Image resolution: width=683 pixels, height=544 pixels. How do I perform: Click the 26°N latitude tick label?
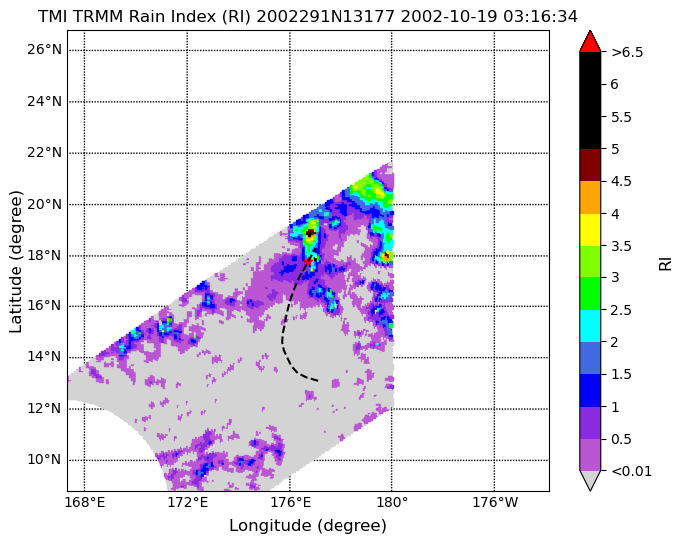pyautogui.click(x=44, y=50)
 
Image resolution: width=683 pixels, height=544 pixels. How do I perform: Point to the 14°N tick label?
pyautogui.click(x=44, y=357)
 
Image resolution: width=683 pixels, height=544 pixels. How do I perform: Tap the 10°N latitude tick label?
pyautogui.click(x=44, y=460)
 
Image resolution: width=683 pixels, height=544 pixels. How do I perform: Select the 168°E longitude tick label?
pyautogui.click(x=84, y=503)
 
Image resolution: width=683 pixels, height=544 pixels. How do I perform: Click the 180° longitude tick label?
pyautogui.click(x=392, y=503)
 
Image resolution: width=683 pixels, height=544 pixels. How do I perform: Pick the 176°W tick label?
pyautogui.click(x=495, y=503)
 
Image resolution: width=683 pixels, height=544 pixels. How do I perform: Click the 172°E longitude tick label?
pyautogui.click(x=187, y=503)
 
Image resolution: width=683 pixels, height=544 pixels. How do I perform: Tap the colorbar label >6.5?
pyautogui.click(x=627, y=52)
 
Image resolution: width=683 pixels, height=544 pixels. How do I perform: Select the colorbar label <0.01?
pyautogui.click(x=632, y=471)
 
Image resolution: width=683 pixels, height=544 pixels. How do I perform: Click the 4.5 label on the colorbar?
pyautogui.click(x=621, y=182)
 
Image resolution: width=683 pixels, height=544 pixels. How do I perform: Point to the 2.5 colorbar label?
pyautogui.click(x=621, y=310)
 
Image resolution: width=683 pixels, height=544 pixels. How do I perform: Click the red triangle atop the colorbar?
pyautogui.click(x=590, y=41)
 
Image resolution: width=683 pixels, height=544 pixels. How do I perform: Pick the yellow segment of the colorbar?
pyautogui.click(x=590, y=230)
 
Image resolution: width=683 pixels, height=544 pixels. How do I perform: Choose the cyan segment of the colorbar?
pyautogui.click(x=590, y=326)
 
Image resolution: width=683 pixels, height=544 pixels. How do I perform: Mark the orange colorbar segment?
pyautogui.click(x=590, y=198)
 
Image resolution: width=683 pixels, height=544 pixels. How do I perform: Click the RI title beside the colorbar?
pyautogui.click(x=666, y=264)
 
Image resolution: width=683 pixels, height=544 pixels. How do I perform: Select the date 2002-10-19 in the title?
pyautogui.click(x=450, y=17)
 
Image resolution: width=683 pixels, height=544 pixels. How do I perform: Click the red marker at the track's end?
pyautogui.click(x=309, y=261)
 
